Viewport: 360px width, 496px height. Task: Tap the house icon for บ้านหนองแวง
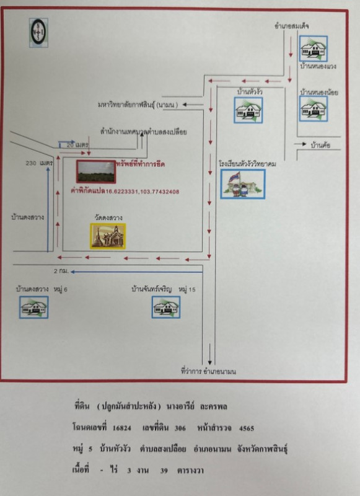point(313,48)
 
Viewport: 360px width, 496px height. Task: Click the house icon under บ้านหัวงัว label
point(249,110)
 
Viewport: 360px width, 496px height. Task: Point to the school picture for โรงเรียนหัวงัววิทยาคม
point(242,184)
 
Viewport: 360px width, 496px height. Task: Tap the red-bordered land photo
point(95,171)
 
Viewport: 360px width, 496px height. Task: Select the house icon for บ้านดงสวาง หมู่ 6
point(33,306)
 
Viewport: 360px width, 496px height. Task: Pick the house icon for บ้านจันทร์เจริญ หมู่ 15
point(166,306)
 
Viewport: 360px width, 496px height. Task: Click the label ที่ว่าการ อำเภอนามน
point(209,371)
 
